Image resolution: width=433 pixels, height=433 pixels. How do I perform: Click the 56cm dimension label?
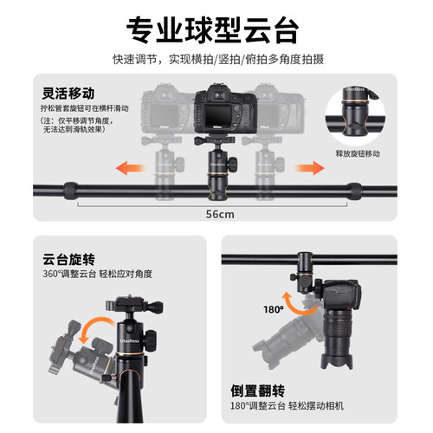click(216, 213)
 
